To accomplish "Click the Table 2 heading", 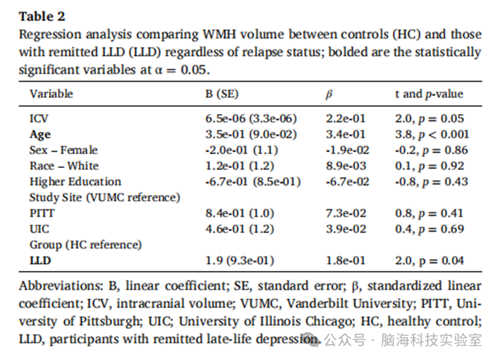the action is click(42, 16).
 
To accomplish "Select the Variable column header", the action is click(51, 94).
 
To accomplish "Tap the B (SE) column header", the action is click(222, 94).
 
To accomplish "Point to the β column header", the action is click(329, 94).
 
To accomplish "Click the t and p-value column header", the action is click(429, 94).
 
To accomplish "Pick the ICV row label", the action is click(39, 119).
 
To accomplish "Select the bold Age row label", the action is click(40, 135).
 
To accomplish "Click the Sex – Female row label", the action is click(64, 150).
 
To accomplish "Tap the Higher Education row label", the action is click(75, 182).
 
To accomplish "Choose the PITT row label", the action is click(42, 213).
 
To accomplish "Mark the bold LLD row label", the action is click(40, 261).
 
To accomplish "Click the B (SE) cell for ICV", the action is click(251, 119).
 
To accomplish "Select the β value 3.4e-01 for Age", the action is click(346, 135).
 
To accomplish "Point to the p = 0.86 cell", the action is click(431, 150).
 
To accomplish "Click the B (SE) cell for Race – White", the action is click(240, 166).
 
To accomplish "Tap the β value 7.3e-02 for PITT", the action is click(346, 213).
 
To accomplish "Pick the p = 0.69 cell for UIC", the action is click(429, 229).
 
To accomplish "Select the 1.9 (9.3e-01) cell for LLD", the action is click(240, 261).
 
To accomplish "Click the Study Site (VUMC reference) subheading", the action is click(105, 198).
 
